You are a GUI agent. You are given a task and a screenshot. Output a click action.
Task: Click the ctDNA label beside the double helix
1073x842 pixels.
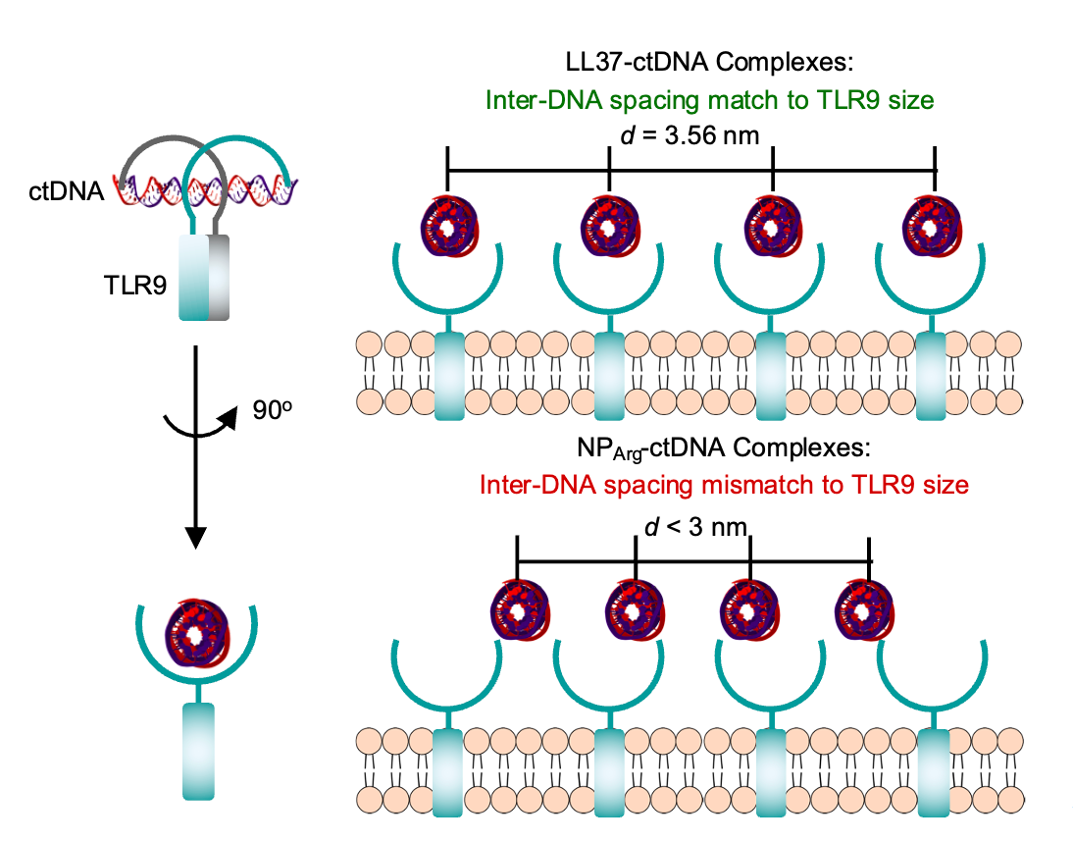65,190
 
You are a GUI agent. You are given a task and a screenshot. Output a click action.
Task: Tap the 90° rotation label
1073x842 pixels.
269,412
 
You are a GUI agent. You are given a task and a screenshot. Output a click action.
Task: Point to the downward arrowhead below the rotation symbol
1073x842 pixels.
196,538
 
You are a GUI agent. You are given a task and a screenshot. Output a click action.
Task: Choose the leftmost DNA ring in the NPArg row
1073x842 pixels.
518,610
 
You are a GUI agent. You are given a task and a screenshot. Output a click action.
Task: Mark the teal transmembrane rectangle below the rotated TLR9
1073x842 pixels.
197,751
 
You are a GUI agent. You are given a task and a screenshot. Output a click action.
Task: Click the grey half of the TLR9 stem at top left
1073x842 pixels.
218,277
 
